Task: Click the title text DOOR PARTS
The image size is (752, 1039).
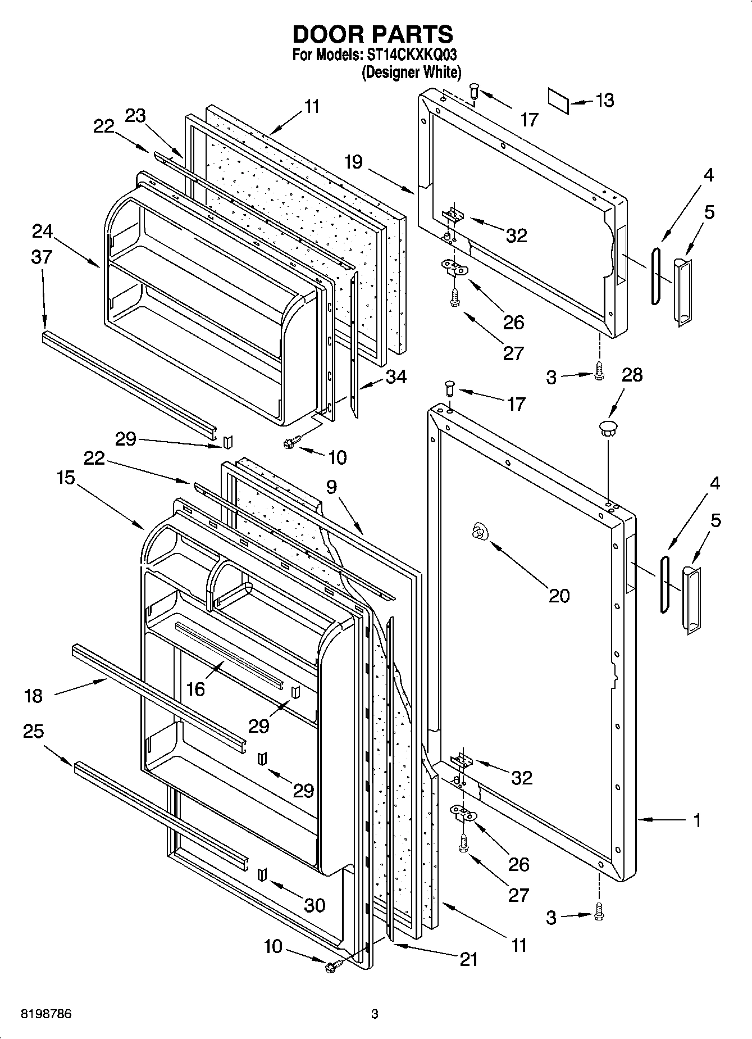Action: (372, 35)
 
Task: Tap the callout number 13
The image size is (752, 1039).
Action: (604, 101)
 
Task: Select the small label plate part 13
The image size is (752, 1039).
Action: (559, 100)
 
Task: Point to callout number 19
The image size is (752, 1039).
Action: (353, 162)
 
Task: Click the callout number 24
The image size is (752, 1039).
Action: (42, 231)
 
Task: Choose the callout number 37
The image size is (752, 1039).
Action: (42, 257)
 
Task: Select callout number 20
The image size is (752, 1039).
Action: (559, 596)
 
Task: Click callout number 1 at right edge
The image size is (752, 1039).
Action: (696, 821)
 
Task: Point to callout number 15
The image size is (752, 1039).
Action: (66, 478)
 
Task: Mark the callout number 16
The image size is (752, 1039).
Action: (195, 689)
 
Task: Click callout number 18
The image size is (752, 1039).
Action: (33, 696)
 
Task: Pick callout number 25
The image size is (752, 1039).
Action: (33, 731)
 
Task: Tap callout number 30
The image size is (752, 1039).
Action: (314, 905)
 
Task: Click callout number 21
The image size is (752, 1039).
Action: (468, 959)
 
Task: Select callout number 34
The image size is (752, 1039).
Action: (396, 376)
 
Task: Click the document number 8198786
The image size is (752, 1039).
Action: (46, 1014)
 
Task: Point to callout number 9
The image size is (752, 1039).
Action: (331, 487)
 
